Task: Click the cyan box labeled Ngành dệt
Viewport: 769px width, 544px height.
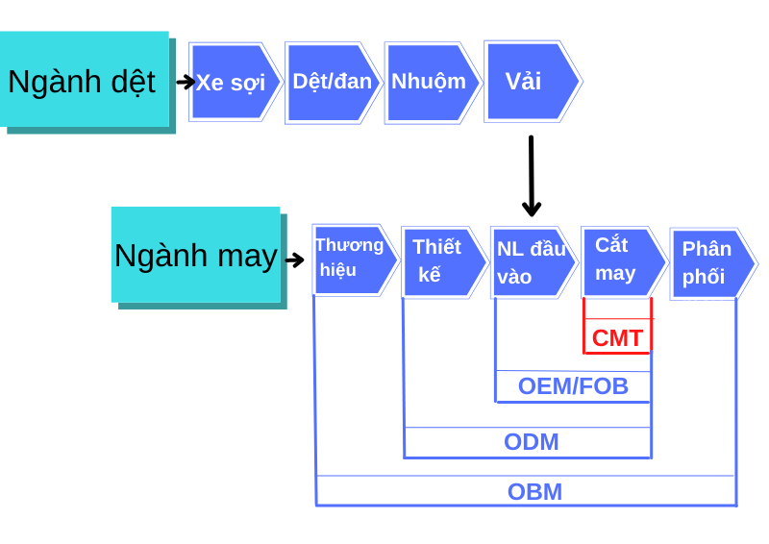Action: click(84, 80)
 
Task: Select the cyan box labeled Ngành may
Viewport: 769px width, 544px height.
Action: click(195, 255)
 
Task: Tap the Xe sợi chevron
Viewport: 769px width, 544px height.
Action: click(234, 82)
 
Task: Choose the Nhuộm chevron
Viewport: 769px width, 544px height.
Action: click(431, 82)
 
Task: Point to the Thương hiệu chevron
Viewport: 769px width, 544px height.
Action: click(353, 259)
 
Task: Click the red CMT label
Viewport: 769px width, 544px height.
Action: click(617, 338)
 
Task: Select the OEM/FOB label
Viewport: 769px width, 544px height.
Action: click(573, 386)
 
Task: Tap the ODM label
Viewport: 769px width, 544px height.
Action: click(531, 442)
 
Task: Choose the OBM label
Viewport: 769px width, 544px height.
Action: click(534, 492)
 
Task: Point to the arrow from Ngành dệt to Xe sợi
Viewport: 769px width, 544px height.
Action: click(186, 82)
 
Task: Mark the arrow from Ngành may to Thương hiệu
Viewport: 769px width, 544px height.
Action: click(294, 260)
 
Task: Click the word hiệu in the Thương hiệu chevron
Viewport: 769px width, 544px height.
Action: click(338, 270)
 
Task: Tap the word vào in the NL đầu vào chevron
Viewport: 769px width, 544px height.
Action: click(514, 277)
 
